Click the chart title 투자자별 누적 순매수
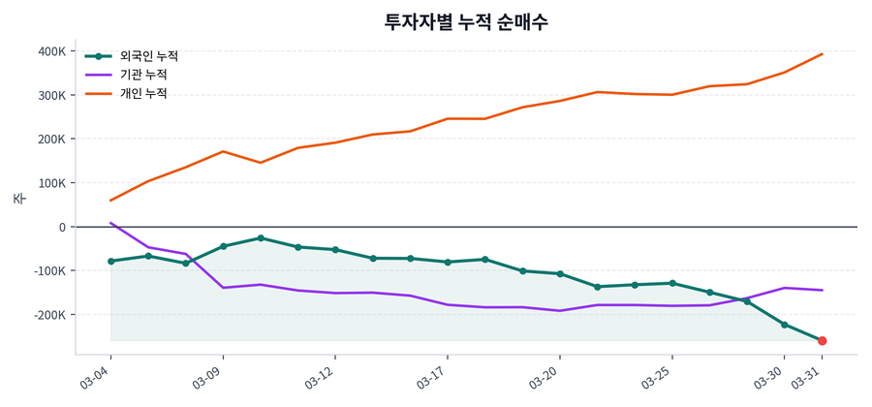pyautogui.click(x=466, y=21)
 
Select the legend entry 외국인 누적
pyautogui.click(x=141, y=56)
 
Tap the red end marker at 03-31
pyautogui.click(x=822, y=341)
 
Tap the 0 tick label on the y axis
pyautogui.click(x=61, y=227)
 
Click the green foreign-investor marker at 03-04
pyautogui.click(x=110, y=262)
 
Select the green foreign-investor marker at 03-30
pyautogui.click(x=785, y=325)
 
